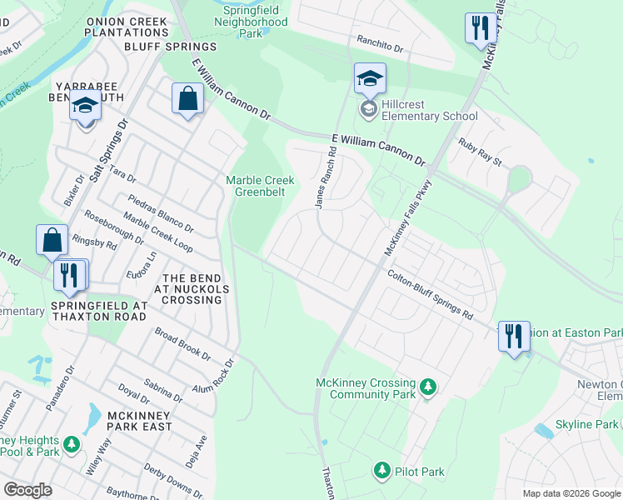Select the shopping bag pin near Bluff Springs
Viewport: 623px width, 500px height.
[x=187, y=100]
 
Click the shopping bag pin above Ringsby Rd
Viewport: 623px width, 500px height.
[x=52, y=242]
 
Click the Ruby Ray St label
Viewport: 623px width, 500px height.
[x=481, y=152]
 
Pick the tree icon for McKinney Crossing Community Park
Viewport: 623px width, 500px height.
[x=428, y=387]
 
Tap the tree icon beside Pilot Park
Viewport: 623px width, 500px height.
[x=382, y=471]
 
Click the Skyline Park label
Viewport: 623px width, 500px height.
[x=588, y=425]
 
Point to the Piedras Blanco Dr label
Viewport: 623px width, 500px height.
[x=161, y=214]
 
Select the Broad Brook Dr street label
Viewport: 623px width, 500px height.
[x=182, y=344]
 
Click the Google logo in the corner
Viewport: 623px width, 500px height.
[x=28, y=489]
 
